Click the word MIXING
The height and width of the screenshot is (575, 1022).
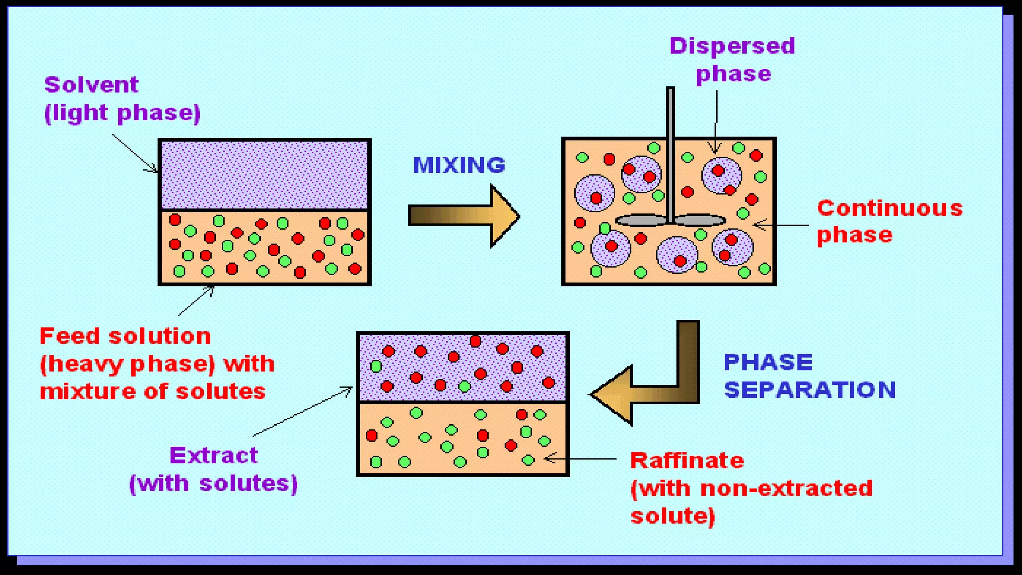tap(459, 165)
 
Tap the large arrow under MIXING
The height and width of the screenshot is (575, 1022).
tap(464, 216)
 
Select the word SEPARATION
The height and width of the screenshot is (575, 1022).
tap(809, 390)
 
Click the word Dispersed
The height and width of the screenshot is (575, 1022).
tap(732, 46)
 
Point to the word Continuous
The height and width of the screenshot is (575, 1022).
tap(890, 208)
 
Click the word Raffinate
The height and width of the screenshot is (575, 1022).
tap(687, 460)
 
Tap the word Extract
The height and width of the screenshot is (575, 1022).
tap(214, 455)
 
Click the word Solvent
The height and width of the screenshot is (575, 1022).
tap(91, 85)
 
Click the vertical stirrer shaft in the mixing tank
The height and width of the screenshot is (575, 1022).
tap(670, 150)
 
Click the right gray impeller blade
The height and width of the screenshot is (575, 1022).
tap(700, 220)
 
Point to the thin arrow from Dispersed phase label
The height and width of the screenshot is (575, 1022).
tap(716, 120)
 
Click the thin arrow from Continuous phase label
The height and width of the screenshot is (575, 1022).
tap(781, 225)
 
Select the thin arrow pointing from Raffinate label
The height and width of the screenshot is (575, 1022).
tap(581, 458)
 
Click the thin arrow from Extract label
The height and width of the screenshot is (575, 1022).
tap(302, 412)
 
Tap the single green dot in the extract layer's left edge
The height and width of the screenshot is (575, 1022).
tap(376, 367)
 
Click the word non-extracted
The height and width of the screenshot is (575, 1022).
tap(786, 488)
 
